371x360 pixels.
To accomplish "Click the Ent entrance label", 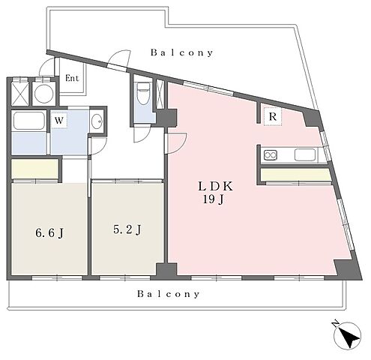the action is [x=72, y=78].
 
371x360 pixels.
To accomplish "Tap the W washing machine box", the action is [x=59, y=121].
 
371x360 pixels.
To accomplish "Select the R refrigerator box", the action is [x=273, y=116].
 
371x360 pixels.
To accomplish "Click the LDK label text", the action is [x=215, y=187].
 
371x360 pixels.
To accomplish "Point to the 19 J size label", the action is [x=213, y=199].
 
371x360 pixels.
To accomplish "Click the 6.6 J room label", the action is [x=49, y=233].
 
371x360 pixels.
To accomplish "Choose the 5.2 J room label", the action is [x=127, y=230].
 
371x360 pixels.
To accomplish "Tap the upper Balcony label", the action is [x=181, y=52].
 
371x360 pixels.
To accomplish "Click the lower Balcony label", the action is [x=169, y=294].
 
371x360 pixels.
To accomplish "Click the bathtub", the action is [x=29, y=121].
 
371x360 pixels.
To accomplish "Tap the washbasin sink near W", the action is [x=97, y=121].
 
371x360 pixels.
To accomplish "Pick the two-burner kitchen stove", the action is [x=271, y=155].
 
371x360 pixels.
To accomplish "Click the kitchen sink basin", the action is [x=305, y=155].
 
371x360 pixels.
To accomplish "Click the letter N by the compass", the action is [x=336, y=324].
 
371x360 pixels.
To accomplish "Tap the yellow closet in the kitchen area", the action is [x=295, y=174].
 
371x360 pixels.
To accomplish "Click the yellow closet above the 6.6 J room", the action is [x=34, y=169].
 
